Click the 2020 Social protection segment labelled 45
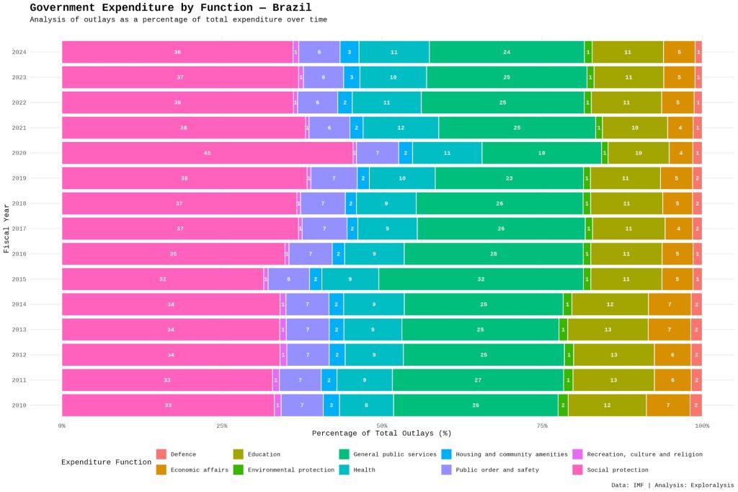click(207, 153)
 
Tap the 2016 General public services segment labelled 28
click(494, 254)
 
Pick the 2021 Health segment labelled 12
click(401, 128)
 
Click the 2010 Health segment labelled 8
click(366, 405)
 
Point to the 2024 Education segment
click(627, 52)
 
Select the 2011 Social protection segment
click(167, 380)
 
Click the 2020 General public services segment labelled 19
click(541, 153)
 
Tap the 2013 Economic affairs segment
click(669, 330)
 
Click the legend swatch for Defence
click(161, 454)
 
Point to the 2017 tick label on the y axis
click(19, 229)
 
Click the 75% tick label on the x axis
click(542, 426)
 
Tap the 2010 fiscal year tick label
click(19, 405)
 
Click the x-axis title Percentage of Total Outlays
click(381, 434)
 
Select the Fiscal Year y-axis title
click(6, 229)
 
